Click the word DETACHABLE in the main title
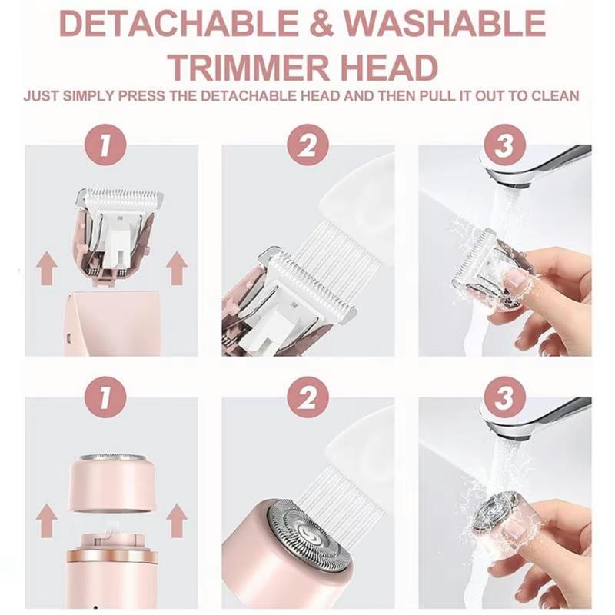[179, 24]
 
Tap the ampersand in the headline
[321, 24]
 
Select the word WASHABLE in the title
[445, 24]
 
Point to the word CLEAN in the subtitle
[555, 96]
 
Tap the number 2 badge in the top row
[307, 146]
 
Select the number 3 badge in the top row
[504, 146]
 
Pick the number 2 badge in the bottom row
[307, 397]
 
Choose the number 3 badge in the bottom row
[504, 397]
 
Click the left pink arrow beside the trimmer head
[47, 268]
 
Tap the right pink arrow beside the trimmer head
[177, 268]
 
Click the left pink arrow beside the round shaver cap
[47, 520]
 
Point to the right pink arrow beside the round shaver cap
[177, 520]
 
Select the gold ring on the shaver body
[111, 555]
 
